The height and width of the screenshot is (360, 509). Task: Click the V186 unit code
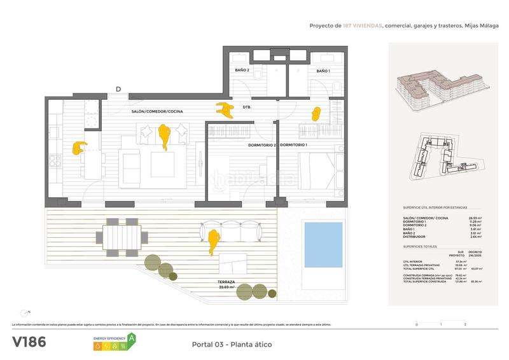pyautogui.click(x=29, y=342)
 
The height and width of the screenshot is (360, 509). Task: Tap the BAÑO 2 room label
pyautogui.click(x=242, y=70)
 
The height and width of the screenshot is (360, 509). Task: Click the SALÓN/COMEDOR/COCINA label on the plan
pyautogui.click(x=157, y=111)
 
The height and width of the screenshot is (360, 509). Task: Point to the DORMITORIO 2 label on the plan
pyautogui.click(x=261, y=146)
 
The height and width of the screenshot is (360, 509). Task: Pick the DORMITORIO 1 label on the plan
pyautogui.click(x=293, y=146)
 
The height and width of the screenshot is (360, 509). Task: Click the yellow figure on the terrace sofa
pyautogui.click(x=214, y=241)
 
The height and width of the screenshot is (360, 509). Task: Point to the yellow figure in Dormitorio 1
pyautogui.click(x=316, y=113)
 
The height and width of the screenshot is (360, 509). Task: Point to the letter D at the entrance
pyautogui.click(x=118, y=89)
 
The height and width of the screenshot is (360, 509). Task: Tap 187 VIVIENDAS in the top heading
pyautogui.click(x=362, y=26)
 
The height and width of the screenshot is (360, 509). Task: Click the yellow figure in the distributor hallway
pyautogui.click(x=225, y=107)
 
